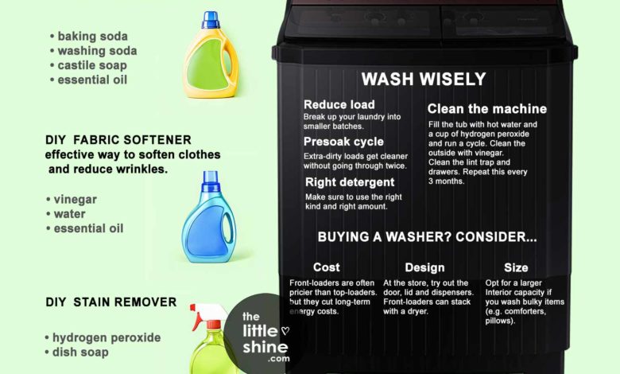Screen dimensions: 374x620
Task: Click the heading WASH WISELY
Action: [423, 79]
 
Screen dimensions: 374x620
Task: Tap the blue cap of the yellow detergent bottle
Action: [210, 19]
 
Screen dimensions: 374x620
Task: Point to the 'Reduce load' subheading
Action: [339, 105]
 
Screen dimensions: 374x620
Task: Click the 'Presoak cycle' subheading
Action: [344, 142]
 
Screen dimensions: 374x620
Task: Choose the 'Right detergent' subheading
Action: [351, 182]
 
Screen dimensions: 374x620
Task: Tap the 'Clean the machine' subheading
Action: [486, 108]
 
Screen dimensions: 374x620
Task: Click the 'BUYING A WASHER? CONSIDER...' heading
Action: [427, 237]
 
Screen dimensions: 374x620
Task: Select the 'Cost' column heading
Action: [327, 267]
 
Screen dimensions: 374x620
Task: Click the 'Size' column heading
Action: [516, 267]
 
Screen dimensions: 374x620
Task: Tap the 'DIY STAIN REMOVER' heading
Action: [110, 302]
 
